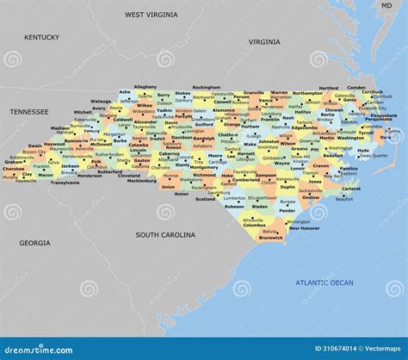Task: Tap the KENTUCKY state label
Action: [x=41, y=37]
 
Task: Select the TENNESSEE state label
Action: [x=30, y=112]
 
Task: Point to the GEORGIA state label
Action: [x=35, y=243]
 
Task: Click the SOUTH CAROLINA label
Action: [x=164, y=233]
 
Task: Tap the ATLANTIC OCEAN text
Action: [x=324, y=282]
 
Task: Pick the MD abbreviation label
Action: [x=386, y=5]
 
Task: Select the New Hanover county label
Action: [x=304, y=228]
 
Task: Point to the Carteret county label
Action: [x=351, y=189]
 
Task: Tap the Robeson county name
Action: [x=234, y=207]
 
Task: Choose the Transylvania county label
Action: [x=65, y=183]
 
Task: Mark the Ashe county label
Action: [x=125, y=90]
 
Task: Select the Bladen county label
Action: [x=260, y=207]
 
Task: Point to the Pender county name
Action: [x=287, y=210]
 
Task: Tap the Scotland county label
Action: [x=205, y=199]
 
